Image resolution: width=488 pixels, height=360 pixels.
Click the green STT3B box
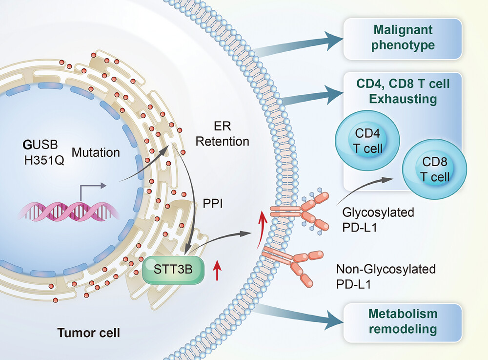tap(173, 270)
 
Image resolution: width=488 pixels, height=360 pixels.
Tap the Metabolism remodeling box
tap(403, 322)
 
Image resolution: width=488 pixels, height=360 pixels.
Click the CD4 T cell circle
tap(367, 141)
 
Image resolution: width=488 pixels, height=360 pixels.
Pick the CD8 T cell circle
tap(434, 169)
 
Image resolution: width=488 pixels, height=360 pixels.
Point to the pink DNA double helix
tap(68, 212)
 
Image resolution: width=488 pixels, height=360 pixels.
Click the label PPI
tap(213, 204)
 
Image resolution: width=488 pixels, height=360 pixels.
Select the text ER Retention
tap(222, 134)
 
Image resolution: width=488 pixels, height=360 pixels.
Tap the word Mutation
tap(96, 152)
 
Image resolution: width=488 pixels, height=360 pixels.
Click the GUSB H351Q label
tap(43, 152)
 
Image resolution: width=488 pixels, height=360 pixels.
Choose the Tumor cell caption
tap(89, 333)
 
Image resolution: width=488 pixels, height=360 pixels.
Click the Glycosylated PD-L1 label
tap(378, 220)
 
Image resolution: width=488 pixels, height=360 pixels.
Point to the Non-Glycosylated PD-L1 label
tap(386, 276)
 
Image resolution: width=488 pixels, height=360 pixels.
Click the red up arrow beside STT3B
tap(217, 270)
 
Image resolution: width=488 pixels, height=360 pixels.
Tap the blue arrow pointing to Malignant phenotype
tap(299, 44)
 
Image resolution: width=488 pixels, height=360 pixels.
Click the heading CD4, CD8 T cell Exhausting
tap(403, 91)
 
